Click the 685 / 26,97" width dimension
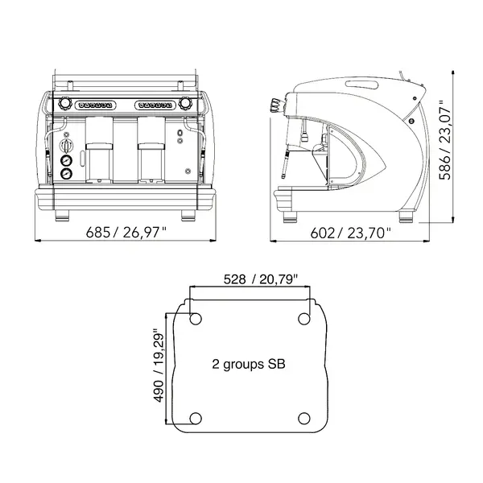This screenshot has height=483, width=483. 126,233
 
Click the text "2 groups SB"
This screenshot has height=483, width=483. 249,364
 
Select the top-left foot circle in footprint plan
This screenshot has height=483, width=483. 196,320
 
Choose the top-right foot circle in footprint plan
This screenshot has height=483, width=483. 305,320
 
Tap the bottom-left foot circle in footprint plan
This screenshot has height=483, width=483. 196,418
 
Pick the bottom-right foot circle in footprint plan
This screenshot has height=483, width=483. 305,418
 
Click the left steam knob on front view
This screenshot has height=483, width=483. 65,103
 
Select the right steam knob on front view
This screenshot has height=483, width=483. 188,103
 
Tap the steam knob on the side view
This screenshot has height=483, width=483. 277,105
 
